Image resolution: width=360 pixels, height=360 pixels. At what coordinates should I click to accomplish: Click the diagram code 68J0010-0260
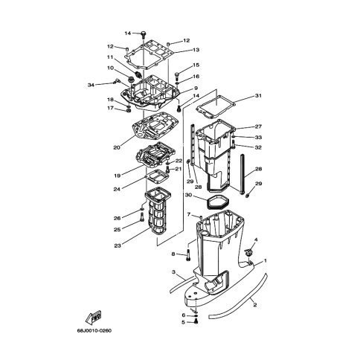94,330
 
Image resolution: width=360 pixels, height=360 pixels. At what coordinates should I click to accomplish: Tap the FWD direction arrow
93,317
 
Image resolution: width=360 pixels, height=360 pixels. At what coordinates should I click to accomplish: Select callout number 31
258,95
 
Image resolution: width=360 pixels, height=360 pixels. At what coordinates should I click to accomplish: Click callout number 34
91,85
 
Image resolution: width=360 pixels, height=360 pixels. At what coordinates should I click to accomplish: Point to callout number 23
118,245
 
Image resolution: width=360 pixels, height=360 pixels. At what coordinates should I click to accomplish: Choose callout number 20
117,147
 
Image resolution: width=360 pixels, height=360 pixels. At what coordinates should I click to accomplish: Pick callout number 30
188,195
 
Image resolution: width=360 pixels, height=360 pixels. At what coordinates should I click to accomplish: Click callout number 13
196,50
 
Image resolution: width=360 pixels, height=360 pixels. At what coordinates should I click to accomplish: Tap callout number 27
258,126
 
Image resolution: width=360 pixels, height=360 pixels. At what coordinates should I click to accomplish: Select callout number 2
255,305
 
